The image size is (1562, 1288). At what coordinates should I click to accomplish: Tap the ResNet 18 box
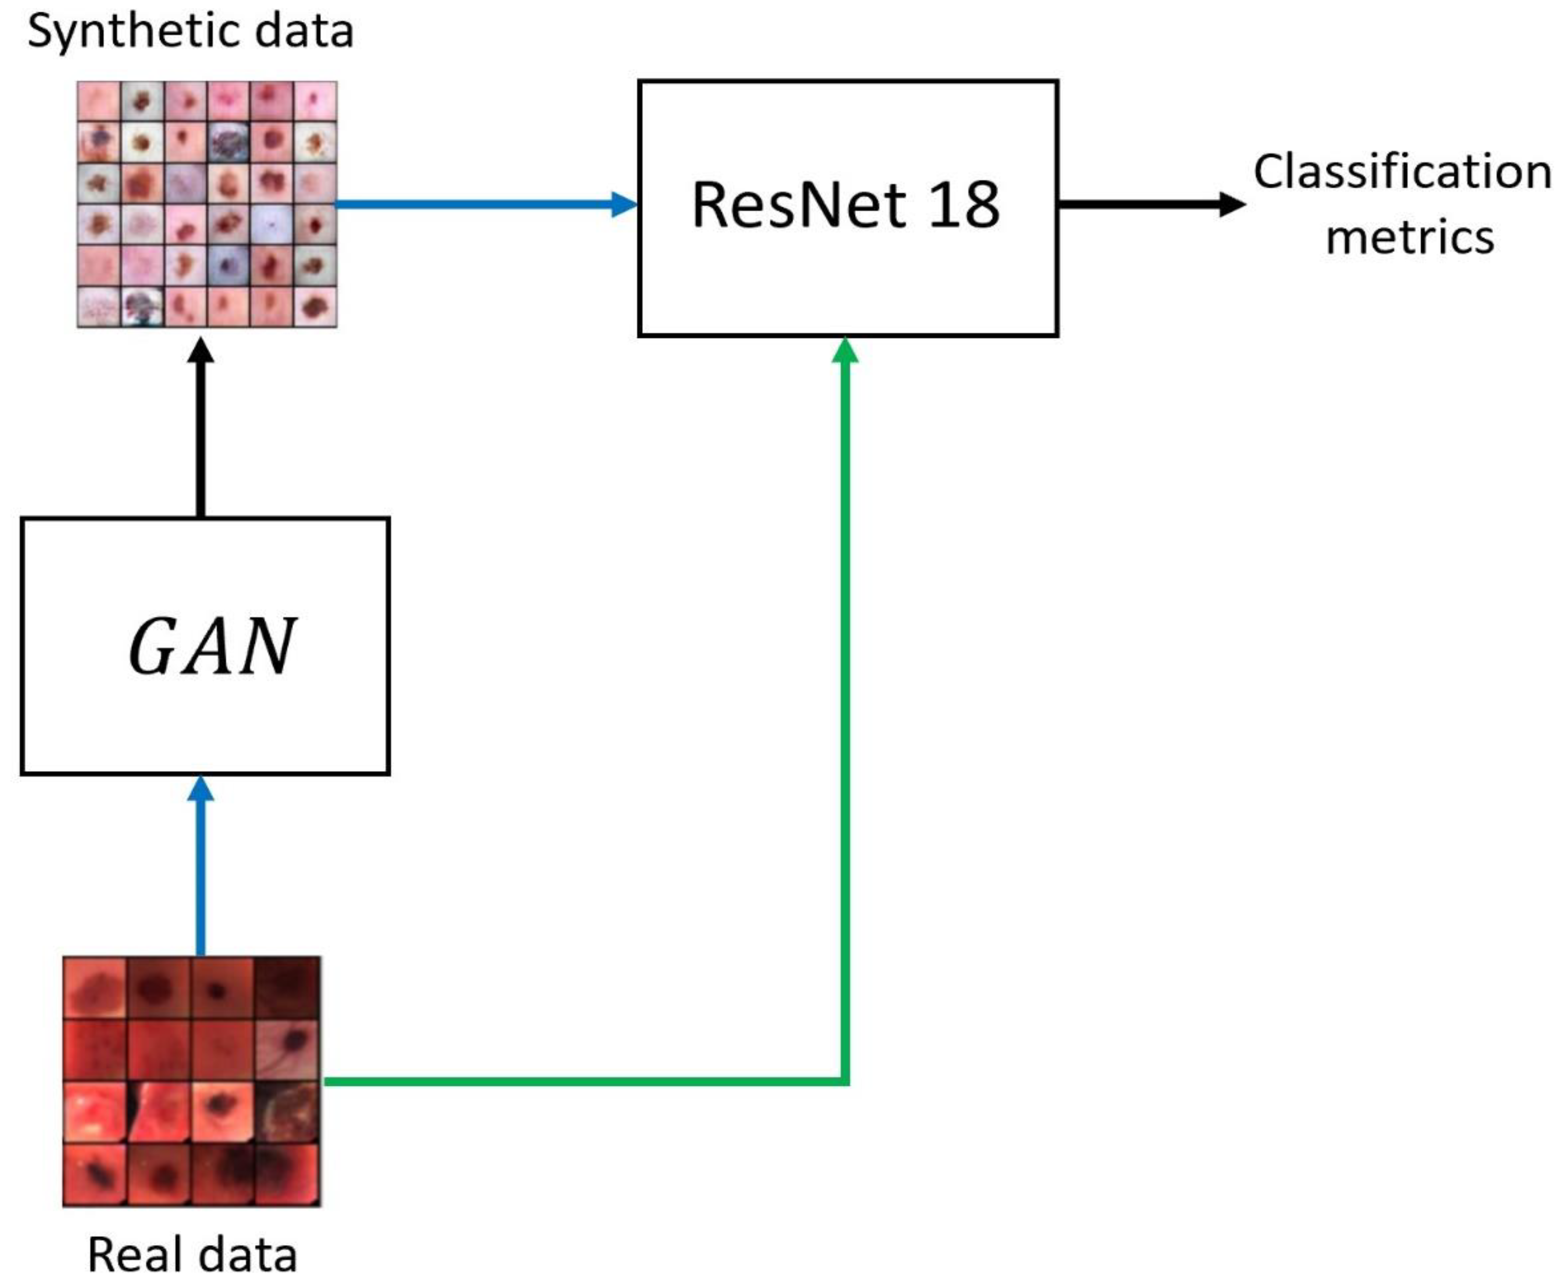(x=847, y=282)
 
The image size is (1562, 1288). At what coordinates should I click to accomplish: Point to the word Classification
(x=1402, y=172)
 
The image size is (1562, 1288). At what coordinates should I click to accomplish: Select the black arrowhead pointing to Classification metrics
(x=1232, y=203)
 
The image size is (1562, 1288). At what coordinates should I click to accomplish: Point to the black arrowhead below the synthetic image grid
(x=200, y=351)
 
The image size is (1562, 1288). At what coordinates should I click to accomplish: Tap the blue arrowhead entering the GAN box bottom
(x=200, y=789)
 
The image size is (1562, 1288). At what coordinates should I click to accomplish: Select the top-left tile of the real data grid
(x=94, y=987)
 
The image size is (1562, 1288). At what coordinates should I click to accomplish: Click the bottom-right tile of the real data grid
(x=288, y=1174)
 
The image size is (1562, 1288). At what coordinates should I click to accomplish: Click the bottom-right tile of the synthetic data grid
(x=315, y=305)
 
